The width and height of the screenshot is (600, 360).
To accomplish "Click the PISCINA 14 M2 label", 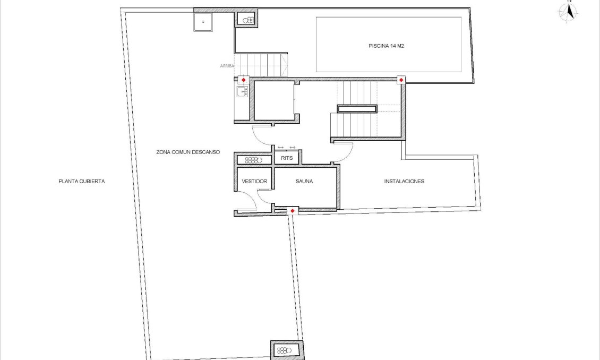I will click(x=387, y=46).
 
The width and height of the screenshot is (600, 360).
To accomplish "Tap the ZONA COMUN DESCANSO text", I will click(x=188, y=152).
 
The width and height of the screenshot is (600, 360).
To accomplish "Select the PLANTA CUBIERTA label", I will click(x=82, y=181).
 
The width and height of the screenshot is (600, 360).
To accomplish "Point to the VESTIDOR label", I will click(x=254, y=181).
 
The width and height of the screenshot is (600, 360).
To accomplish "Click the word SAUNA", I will click(x=304, y=181).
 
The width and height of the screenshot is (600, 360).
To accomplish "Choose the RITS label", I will click(x=287, y=158).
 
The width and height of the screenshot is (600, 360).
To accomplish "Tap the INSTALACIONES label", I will click(x=404, y=181).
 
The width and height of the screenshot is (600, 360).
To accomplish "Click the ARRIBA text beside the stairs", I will click(x=227, y=66).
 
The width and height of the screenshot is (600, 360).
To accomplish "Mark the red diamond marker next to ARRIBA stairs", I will click(x=244, y=80).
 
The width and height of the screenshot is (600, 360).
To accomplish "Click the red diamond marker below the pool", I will click(x=401, y=80).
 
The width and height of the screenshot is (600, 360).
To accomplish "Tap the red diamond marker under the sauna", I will click(x=292, y=211).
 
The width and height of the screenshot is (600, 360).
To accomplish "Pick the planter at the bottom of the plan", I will click(x=287, y=350).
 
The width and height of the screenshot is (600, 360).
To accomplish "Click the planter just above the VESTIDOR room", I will click(x=254, y=159).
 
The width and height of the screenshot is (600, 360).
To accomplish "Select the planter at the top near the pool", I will click(x=247, y=20).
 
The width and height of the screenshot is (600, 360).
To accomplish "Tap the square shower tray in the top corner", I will click(x=203, y=22).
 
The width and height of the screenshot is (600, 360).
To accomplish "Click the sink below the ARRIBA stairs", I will click(x=243, y=92).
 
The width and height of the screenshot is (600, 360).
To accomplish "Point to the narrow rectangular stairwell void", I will click(x=357, y=109).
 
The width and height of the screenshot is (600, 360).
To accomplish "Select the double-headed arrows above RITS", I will click(x=286, y=147).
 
